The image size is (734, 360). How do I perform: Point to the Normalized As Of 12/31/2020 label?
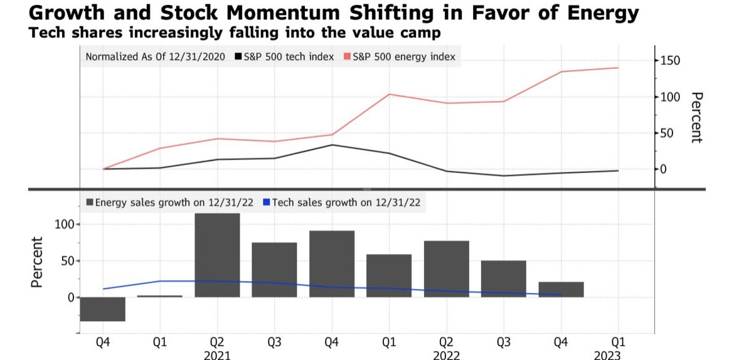coord(156,57)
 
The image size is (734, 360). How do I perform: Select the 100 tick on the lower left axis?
coord(65,225)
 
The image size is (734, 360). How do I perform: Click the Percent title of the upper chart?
coord(696,117)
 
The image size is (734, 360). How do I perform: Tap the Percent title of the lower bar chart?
coord(37,262)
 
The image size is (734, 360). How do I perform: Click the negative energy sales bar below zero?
coord(103,309)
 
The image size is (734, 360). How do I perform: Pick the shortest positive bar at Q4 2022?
coord(561,289)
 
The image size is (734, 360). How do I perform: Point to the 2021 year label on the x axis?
coord(217,355)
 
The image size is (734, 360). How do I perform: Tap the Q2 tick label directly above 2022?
coord(446,342)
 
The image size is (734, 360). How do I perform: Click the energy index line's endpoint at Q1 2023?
coord(618,68)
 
